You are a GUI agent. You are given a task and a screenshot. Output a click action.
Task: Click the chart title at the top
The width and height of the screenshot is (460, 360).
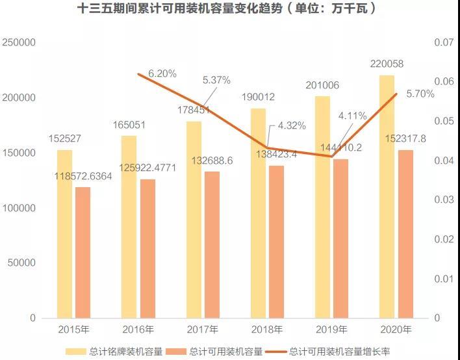[229, 10]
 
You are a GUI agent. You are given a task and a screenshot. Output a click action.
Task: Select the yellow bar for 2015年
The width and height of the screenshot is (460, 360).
[64, 234]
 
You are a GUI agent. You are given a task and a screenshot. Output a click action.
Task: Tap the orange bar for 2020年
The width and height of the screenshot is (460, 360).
[405, 234]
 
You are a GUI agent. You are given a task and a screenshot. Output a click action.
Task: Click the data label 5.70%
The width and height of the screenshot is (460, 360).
[420, 94]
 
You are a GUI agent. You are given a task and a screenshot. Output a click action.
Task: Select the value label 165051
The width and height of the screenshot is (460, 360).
[129, 125]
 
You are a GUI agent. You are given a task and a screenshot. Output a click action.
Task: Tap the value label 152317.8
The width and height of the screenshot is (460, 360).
[405, 138]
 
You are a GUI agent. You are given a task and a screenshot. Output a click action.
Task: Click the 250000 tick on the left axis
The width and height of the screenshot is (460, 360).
[19, 42]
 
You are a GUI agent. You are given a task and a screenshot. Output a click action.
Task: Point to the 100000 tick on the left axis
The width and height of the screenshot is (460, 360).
[19, 208]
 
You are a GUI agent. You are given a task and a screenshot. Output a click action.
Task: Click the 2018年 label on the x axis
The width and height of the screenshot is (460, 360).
[267, 329]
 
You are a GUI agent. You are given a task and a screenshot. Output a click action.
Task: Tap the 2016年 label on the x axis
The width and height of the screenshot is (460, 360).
[138, 329]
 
